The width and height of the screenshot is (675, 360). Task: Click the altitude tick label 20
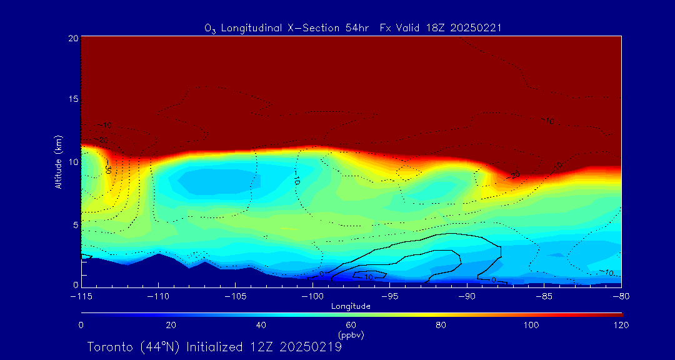tap(72, 38)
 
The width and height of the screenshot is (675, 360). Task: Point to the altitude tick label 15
tap(72, 99)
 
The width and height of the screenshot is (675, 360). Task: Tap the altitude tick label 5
tap(75, 224)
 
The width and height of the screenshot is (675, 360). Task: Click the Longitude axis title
tap(351, 306)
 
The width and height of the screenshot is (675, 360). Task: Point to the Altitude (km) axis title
tap(58, 162)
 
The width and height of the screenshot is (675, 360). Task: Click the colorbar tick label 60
tap(351, 325)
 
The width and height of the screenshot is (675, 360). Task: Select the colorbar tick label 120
tap(621, 325)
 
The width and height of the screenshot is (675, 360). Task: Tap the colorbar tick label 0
tap(81, 325)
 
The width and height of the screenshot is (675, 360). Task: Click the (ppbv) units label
tap(351, 335)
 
